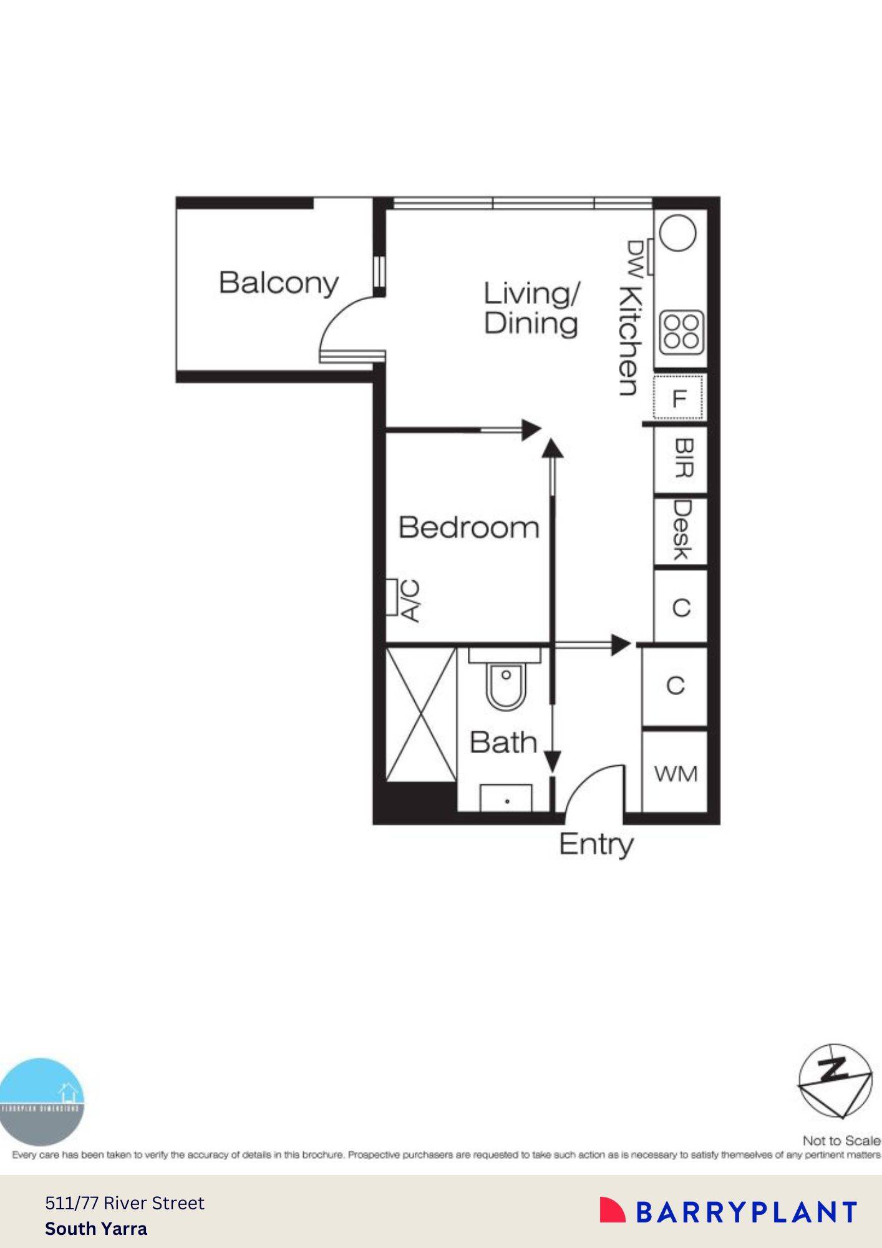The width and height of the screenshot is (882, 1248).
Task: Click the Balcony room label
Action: [x=278, y=283]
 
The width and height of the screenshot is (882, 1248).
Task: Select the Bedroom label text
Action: [x=468, y=528]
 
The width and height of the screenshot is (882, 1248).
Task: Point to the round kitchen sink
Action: [x=677, y=233]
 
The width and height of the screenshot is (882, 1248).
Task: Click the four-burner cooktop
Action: [x=681, y=331]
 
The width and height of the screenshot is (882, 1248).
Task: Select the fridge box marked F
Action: [x=679, y=397]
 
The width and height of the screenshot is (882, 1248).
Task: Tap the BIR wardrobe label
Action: [x=684, y=459]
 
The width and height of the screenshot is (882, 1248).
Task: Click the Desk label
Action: [x=682, y=530]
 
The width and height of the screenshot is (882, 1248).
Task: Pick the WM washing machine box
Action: [x=676, y=774]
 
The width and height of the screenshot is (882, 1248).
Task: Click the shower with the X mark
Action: [x=421, y=714]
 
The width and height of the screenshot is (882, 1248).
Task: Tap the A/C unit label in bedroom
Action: [x=410, y=600]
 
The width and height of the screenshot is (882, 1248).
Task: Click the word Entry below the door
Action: [x=596, y=844]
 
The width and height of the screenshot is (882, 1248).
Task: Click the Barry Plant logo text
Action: [x=746, y=1212]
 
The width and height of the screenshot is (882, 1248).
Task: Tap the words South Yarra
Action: [x=96, y=1229]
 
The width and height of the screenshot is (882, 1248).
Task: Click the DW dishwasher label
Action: [x=634, y=256]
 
